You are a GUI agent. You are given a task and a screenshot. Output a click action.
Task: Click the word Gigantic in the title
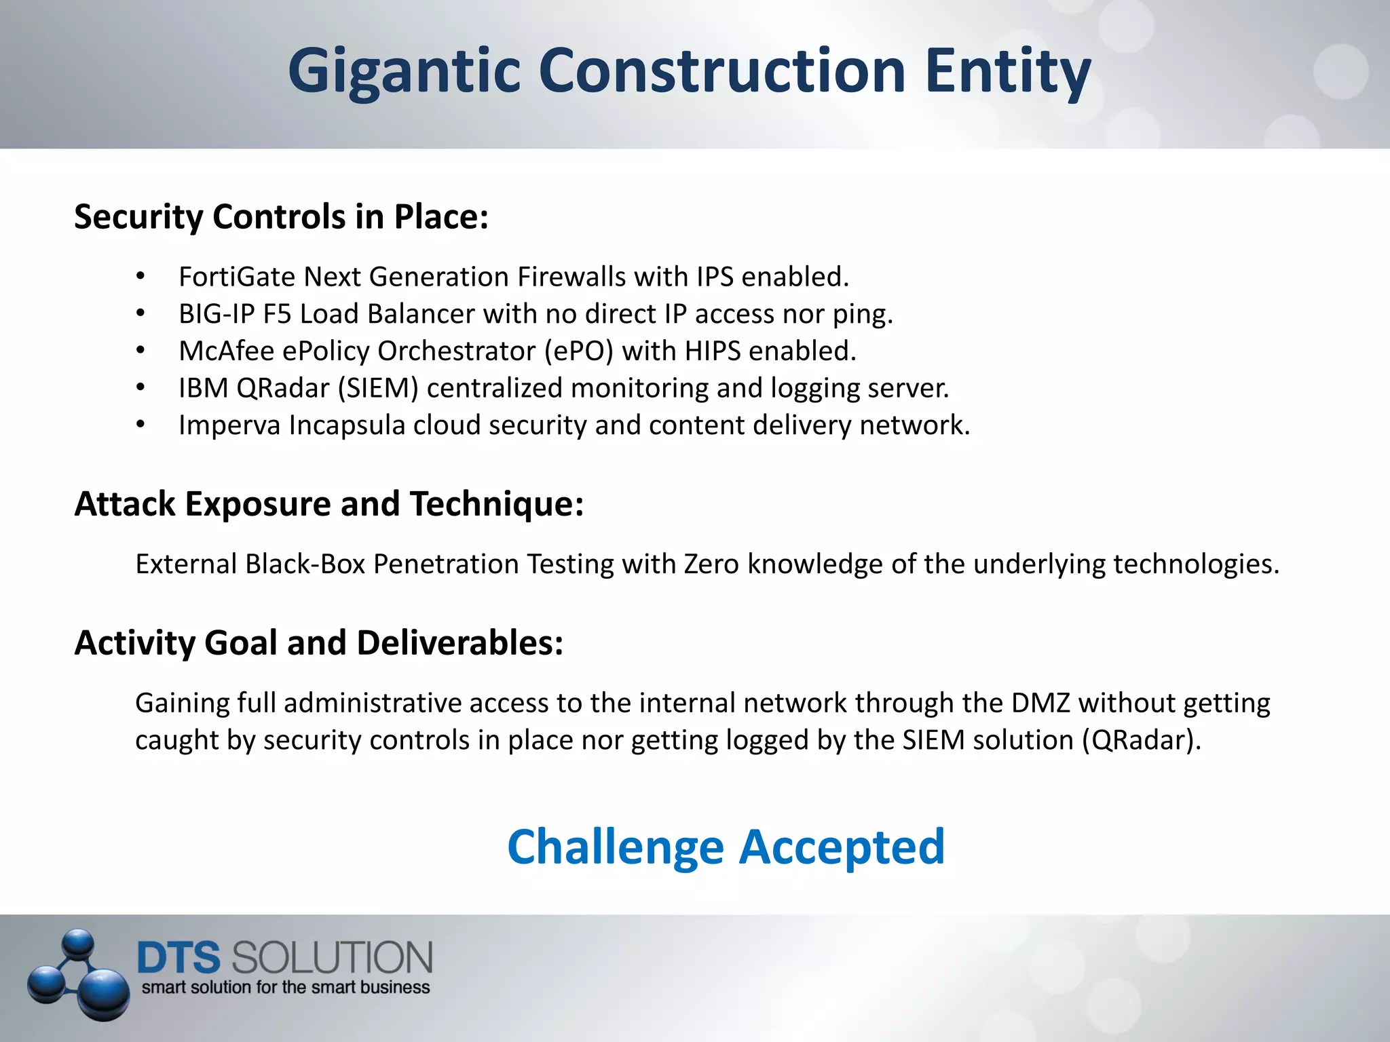coord(405,71)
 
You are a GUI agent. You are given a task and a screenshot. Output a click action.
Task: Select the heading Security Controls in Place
coord(281,217)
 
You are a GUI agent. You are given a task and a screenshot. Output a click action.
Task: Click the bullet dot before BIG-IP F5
coord(140,313)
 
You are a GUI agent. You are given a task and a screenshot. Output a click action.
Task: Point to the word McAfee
coord(226,351)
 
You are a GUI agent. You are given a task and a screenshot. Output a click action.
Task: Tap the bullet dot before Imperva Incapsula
coord(140,425)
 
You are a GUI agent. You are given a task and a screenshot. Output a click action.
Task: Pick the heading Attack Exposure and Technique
coord(328,504)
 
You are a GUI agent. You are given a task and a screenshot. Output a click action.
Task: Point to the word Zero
coord(711,564)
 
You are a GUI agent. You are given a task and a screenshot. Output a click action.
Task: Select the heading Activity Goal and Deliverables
coord(318,643)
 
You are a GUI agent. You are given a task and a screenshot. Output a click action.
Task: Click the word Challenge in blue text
coord(615,847)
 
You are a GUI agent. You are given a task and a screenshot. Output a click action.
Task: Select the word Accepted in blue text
coord(842,847)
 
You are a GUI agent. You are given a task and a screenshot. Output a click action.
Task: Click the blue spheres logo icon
coord(79,974)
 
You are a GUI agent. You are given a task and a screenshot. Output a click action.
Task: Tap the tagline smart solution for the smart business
coord(285,988)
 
